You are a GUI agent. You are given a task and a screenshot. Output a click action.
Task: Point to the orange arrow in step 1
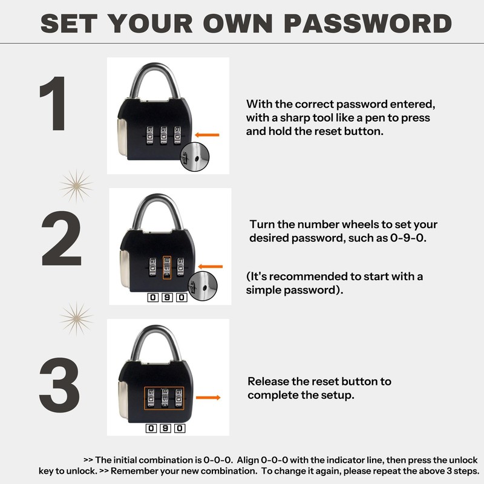coord(207,134)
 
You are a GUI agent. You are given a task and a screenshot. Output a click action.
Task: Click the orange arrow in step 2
coord(211,266)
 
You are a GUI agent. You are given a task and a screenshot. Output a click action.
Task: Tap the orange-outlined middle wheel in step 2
coord(167,267)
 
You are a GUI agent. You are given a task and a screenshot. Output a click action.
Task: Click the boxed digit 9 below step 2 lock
coord(166,298)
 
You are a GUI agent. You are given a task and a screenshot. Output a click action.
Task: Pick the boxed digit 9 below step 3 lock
coord(166,429)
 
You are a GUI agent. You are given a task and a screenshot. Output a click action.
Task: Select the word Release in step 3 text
coord(269,382)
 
